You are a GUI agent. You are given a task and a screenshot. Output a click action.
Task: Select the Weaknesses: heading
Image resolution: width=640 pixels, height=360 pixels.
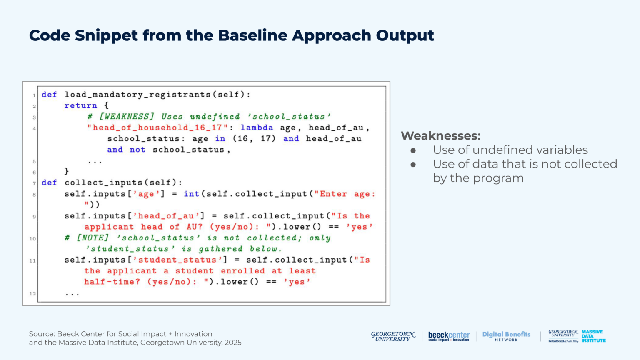point(440,136)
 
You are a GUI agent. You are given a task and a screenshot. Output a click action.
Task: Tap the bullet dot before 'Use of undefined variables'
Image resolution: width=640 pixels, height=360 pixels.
point(413,150)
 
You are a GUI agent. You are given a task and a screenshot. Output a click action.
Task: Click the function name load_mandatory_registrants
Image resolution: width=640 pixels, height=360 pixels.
point(138,95)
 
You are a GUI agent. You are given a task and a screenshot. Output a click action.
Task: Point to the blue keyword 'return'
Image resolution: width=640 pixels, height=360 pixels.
point(80,106)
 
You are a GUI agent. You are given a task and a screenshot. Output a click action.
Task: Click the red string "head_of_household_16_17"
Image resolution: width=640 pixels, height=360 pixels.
point(157,128)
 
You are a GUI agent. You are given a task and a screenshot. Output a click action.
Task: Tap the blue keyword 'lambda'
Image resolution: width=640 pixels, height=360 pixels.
point(257,128)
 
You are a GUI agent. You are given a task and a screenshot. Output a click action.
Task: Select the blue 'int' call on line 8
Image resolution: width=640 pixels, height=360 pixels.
point(191,194)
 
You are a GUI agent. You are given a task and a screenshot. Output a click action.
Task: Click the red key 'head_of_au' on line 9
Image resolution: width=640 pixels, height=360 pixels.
point(166,216)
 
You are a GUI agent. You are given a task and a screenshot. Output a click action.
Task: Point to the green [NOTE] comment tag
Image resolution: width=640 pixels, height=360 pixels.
point(92,238)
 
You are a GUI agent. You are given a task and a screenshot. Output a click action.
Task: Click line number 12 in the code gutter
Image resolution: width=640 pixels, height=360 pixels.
point(32,294)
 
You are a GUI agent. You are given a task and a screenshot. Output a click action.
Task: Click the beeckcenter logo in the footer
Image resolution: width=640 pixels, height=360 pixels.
point(449,336)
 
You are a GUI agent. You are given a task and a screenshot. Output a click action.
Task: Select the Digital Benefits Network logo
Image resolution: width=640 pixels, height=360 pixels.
point(506,336)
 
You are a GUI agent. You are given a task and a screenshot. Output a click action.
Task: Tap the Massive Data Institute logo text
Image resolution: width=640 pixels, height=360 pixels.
point(593,336)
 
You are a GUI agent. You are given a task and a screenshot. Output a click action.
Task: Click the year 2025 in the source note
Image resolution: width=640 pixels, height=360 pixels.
point(233,343)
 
